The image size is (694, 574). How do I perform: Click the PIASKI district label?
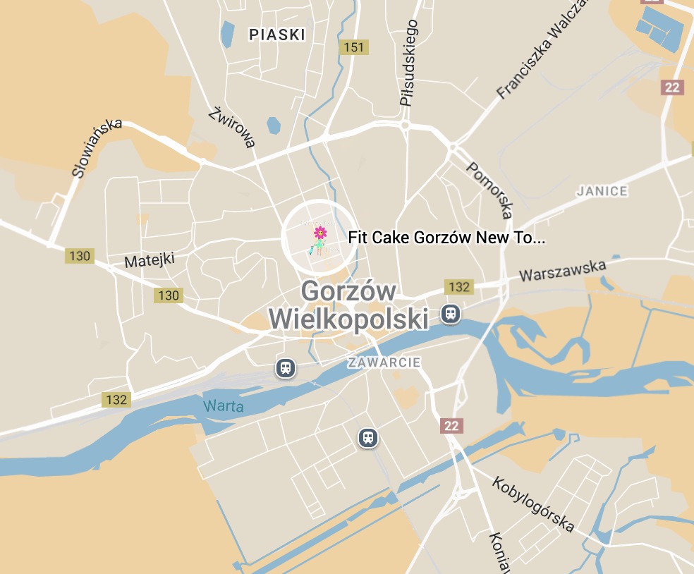[x=277, y=35]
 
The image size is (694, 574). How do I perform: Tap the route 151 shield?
[x=353, y=47]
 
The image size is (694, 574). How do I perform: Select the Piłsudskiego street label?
[x=409, y=63]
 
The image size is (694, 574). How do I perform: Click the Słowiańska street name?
[x=97, y=147]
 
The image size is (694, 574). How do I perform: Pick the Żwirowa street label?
[x=232, y=128]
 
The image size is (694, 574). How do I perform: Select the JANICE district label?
[x=602, y=191]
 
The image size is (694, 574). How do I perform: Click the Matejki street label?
[x=149, y=261]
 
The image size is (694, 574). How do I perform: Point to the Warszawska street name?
[x=563, y=271]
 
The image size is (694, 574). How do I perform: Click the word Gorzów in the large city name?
[x=348, y=291]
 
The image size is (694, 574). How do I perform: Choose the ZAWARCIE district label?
[x=384, y=362]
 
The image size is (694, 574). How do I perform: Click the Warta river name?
[x=224, y=406]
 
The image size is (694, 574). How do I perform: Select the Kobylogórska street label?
[x=532, y=504]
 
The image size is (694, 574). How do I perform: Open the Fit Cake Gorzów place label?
[x=446, y=238]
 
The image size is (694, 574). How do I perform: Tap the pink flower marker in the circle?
[x=320, y=231]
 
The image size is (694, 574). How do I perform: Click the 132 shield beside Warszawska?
[x=458, y=287]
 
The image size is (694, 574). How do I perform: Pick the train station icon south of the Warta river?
[x=367, y=438]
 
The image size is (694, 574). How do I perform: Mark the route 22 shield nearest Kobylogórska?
[x=451, y=425]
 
